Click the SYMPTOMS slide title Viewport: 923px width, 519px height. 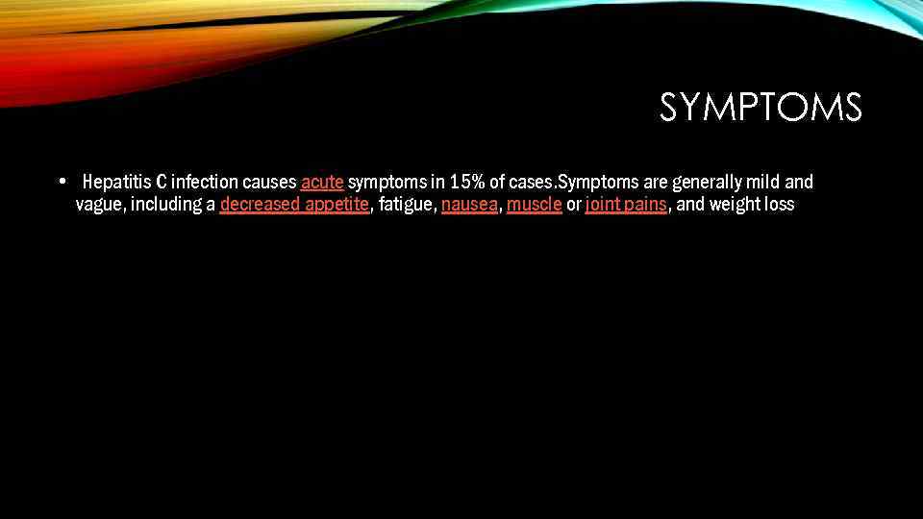761,108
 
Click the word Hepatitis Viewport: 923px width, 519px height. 116,182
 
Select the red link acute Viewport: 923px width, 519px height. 322,182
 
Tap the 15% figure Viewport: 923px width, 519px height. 467,182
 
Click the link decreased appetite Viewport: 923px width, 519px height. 294,205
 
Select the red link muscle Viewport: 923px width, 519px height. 534,205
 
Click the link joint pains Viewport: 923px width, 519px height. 626,205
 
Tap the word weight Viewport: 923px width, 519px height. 735,205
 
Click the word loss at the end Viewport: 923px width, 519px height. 780,205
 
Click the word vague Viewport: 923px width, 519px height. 98,205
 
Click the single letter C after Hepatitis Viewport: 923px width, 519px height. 161,182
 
